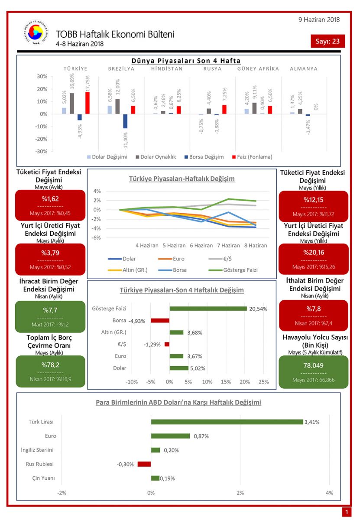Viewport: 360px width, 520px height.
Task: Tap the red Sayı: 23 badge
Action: click(x=328, y=42)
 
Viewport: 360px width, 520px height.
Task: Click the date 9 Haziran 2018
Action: click(x=319, y=19)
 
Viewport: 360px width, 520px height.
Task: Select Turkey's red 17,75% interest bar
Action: click(x=88, y=103)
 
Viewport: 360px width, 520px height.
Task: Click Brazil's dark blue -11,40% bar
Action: click(x=125, y=121)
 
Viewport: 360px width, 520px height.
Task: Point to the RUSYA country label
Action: click(x=212, y=69)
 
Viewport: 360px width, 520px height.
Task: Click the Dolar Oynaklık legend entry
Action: click(x=156, y=157)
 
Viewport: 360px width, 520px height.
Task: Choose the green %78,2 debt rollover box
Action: click(x=51, y=371)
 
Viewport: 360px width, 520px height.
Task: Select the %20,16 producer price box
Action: click(x=313, y=259)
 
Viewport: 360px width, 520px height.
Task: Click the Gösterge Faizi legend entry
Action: click(x=234, y=270)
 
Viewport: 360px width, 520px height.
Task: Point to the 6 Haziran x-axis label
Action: click(x=201, y=245)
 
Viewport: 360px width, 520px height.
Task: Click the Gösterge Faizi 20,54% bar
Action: click(x=208, y=309)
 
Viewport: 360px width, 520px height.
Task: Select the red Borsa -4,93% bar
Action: click(x=160, y=321)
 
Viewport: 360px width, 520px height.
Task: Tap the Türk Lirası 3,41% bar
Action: click(x=227, y=422)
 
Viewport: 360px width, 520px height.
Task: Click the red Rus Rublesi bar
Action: click(x=144, y=464)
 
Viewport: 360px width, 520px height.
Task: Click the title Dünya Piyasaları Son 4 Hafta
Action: click(x=186, y=61)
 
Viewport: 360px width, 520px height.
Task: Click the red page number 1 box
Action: click(x=347, y=513)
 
